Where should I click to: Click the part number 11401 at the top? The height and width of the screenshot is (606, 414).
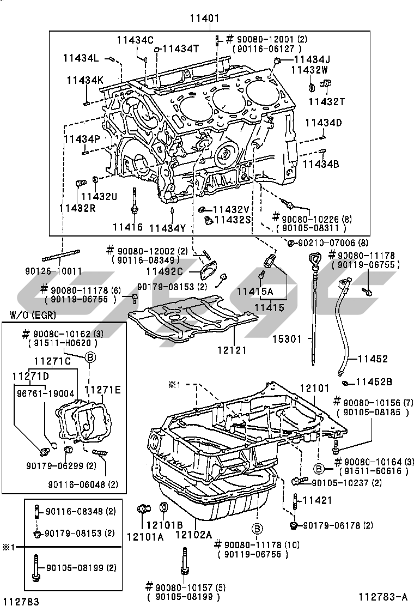204,19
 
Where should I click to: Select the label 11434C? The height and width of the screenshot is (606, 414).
135,39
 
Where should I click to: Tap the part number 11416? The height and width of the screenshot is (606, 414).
127,227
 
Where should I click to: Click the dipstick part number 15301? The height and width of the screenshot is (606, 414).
287,339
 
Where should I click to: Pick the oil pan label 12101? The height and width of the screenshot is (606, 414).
314,388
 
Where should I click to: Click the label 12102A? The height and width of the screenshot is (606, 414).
193,535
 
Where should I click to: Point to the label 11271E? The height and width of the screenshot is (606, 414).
102,389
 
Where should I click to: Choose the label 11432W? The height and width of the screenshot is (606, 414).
309,70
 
